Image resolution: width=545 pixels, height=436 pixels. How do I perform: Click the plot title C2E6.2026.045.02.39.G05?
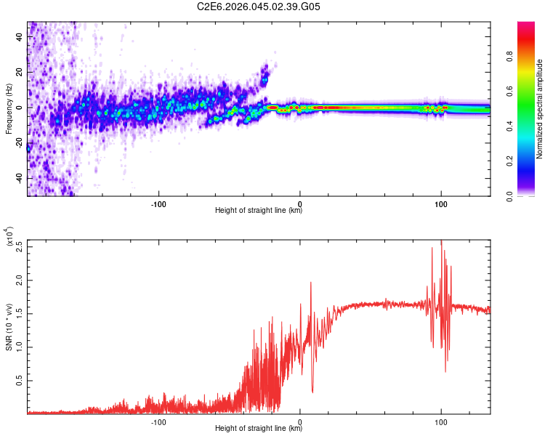pos(269,7)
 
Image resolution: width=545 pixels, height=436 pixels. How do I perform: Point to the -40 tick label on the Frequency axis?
pos(19,179)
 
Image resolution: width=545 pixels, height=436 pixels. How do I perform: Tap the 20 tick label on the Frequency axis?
pos(20,72)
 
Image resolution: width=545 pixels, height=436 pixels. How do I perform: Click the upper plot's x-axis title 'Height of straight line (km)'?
pos(259,211)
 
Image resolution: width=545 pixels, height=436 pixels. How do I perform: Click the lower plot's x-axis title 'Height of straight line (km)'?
pos(259,429)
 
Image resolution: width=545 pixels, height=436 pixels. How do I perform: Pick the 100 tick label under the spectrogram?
pos(441,203)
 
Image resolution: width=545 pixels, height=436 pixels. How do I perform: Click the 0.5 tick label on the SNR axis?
pos(20,380)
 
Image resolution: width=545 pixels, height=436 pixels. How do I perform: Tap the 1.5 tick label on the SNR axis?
pos(20,313)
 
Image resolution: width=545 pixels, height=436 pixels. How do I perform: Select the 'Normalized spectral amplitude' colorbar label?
pos(540,109)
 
